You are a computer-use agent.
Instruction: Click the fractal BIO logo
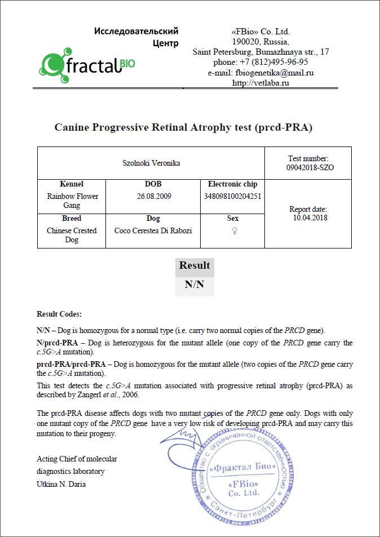(x=87, y=65)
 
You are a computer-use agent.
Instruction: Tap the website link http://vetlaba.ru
(x=260, y=83)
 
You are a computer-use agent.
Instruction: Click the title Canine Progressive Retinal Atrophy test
(x=183, y=127)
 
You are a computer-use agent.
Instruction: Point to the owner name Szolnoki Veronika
(x=151, y=163)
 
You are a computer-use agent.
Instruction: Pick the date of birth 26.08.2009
(x=153, y=196)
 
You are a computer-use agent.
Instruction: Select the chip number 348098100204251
(x=232, y=196)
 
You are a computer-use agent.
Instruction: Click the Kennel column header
(x=72, y=184)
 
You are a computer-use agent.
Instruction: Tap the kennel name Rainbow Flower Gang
(x=72, y=201)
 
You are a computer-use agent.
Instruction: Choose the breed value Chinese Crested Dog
(x=72, y=235)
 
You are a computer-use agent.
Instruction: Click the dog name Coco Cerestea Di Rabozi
(x=153, y=230)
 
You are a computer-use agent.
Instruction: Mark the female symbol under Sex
(x=232, y=230)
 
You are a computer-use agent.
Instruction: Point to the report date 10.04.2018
(x=310, y=218)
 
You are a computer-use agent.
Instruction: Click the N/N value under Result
(x=195, y=285)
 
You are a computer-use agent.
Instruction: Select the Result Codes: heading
(x=59, y=314)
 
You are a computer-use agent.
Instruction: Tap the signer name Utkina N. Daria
(x=61, y=484)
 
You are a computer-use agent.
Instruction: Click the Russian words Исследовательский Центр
(x=136, y=37)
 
